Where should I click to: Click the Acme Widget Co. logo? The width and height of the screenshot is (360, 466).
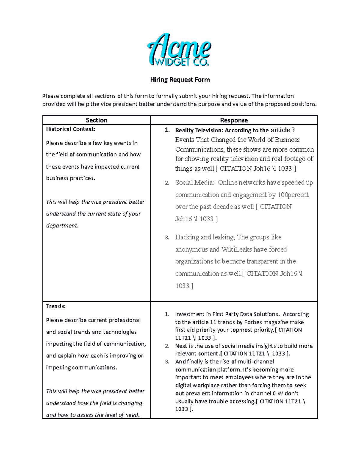click(x=179, y=50)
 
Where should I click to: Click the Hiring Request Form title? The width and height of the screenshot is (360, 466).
click(x=180, y=80)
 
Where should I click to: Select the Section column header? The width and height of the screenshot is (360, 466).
click(x=96, y=120)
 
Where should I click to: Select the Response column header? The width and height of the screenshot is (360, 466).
click(x=234, y=120)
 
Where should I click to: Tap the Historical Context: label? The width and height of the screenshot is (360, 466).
click(x=70, y=129)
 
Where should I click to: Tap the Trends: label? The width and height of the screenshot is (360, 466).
click(x=56, y=306)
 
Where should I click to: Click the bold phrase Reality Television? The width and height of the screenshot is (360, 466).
click(x=199, y=131)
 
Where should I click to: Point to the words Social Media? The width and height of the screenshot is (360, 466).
click(x=194, y=183)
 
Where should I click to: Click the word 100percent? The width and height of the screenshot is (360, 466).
click(x=293, y=195)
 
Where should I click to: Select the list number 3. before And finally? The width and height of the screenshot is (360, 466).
click(x=167, y=362)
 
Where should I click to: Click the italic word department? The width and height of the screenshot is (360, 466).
click(x=62, y=226)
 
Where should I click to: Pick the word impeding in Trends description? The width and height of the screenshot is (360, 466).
click(x=58, y=368)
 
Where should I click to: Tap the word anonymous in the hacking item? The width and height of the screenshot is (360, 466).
click(x=191, y=250)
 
